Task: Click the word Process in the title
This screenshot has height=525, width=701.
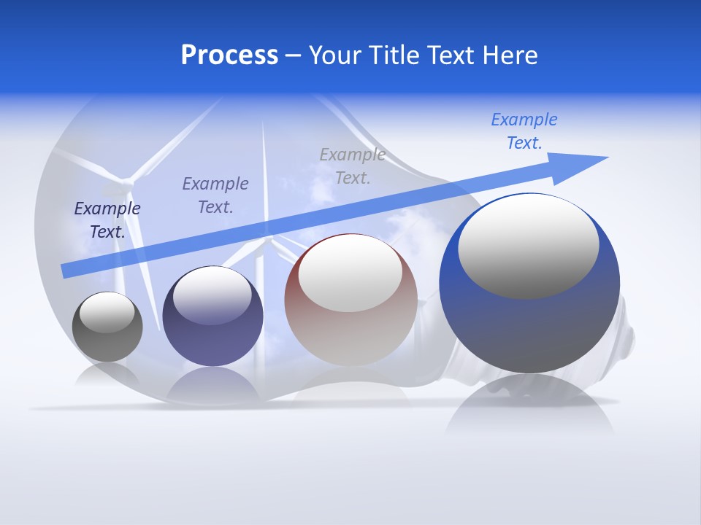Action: point(229,55)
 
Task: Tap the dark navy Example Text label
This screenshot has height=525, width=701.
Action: point(107,219)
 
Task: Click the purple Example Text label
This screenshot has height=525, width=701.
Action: point(215,195)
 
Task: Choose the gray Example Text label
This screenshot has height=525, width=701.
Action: point(353,166)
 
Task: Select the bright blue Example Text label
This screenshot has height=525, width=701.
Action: point(524,131)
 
